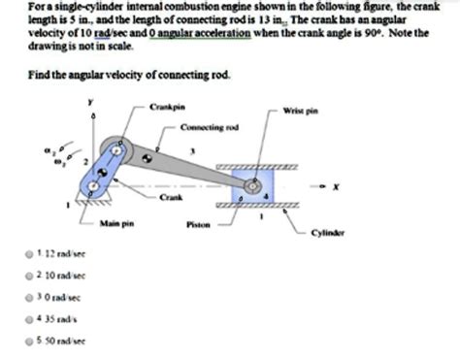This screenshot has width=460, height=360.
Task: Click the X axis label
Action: [x=335, y=187]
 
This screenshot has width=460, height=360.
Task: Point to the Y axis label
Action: [x=92, y=100]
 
